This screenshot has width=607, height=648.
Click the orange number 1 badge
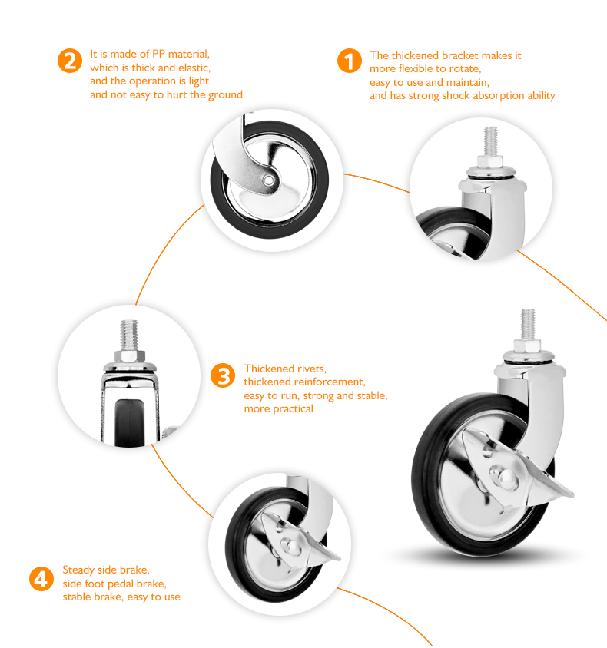coord(350,61)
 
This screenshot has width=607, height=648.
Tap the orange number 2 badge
coord(70,61)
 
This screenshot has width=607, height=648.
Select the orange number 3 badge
coord(223,375)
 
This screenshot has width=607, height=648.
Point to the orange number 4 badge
coord(41,579)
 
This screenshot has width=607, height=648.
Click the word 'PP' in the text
coord(159,55)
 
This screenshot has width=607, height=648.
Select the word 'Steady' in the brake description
coord(78,570)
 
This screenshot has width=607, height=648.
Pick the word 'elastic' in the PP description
coord(194,68)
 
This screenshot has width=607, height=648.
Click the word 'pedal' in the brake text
coord(121,584)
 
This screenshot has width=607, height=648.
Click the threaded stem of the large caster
coord(527,325)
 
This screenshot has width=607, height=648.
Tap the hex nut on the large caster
coord(527,345)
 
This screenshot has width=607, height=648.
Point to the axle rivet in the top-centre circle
coord(268,180)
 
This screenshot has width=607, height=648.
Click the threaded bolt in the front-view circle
coord(129,335)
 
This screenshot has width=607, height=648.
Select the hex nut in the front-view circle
coord(129,355)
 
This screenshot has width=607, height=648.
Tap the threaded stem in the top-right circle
coord(491,142)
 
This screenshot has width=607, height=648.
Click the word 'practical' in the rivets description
coord(294,409)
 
